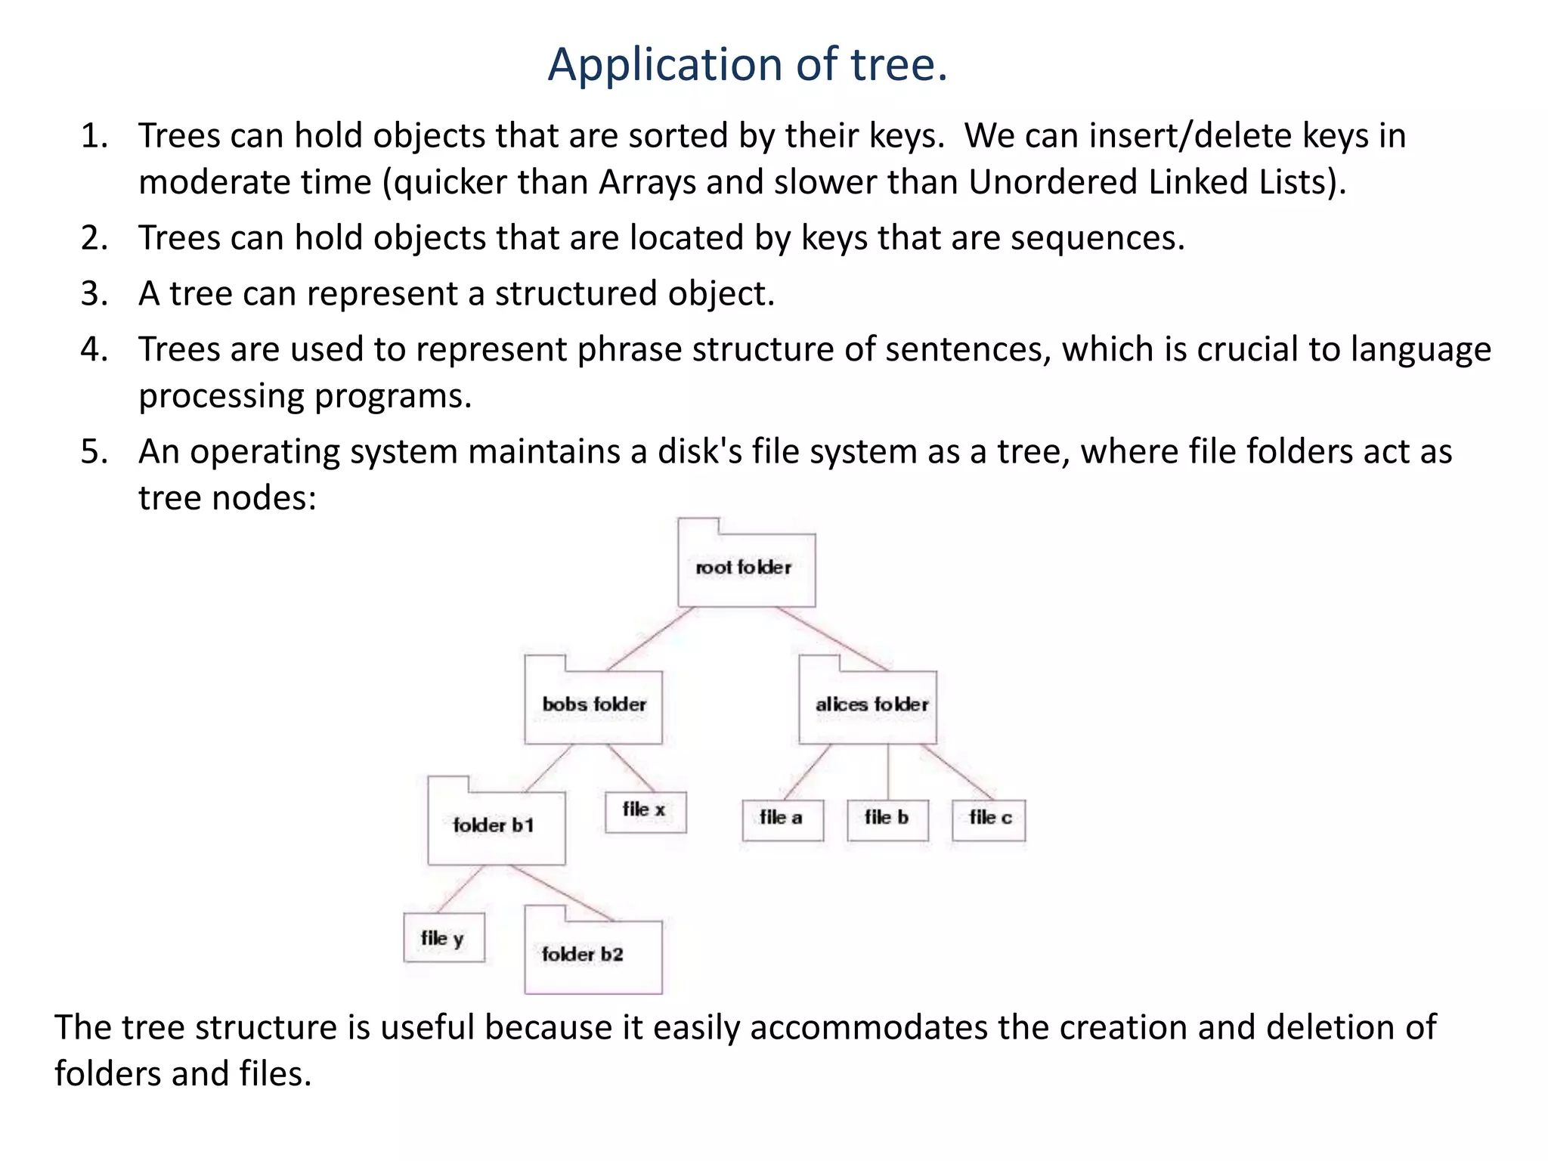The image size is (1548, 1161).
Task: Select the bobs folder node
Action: [593, 705]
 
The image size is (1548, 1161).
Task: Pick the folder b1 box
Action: [496, 826]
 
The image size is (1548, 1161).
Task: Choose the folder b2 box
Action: [593, 955]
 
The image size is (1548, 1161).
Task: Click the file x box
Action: [646, 812]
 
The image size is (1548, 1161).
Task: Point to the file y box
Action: [444, 938]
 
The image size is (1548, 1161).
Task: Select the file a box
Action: [782, 819]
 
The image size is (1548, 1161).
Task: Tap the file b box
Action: [887, 819]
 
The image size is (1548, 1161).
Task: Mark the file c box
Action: [989, 819]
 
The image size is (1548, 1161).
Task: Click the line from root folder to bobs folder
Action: [650, 639]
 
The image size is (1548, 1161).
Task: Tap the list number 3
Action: [93, 294]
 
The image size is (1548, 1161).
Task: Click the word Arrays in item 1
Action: [647, 183]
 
